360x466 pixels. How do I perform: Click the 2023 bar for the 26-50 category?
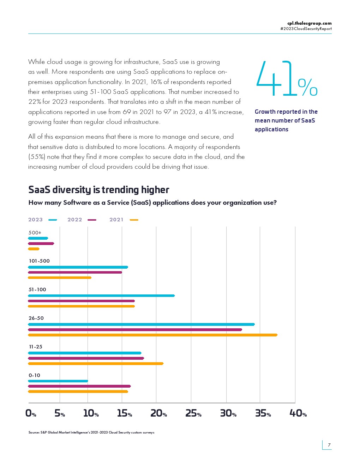click(x=141, y=324)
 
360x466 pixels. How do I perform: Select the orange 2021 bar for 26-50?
click(x=153, y=335)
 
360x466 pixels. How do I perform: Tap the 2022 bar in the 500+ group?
click(x=41, y=243)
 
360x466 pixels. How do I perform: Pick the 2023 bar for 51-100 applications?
click(x=101, y=295)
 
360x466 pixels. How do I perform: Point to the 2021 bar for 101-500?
click(x=60, y=277)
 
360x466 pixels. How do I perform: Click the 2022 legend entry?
click(x=82, y=220)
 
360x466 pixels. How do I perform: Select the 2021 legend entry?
click(x=124, y=220)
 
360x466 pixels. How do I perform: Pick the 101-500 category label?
click(x=39, y=261)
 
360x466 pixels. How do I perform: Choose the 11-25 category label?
click(x=36, y=347)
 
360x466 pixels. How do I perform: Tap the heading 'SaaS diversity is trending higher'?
click(x=98, y=190)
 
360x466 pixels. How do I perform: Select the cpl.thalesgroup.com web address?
click(x=310, y=23)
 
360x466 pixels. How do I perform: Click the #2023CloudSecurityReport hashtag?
click(x=306, y=29)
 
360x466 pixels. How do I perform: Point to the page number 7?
click(x=329, y=445)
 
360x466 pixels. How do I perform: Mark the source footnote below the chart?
click(x=91, y=432)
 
